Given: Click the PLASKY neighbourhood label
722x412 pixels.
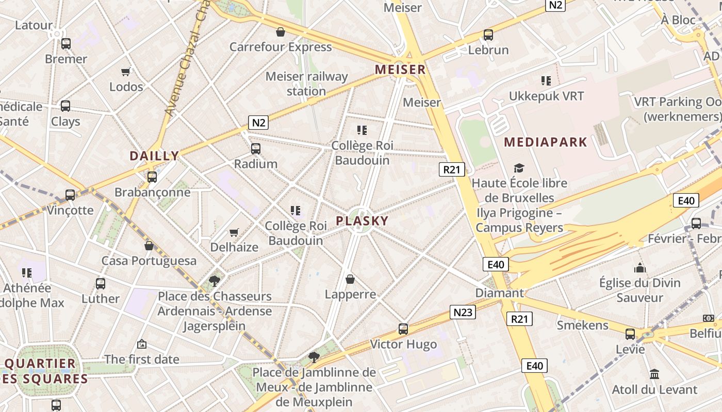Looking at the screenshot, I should pos(362,221).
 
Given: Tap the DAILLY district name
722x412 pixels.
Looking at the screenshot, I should pos(154,156).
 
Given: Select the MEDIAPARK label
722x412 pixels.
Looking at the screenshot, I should pos(546,142).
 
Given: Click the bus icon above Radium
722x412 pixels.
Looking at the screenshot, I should pos(255,149).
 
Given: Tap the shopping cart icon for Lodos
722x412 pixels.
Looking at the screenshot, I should pos(126,72).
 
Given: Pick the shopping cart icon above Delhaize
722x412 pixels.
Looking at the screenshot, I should pos(234,232).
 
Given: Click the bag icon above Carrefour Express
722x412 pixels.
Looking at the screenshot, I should pos(281,32).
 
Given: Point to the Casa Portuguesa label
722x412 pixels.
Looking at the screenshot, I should pos(149,261).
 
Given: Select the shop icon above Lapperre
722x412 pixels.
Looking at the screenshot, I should pos(350,279).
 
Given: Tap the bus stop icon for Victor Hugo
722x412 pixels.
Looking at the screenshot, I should pos(403,329).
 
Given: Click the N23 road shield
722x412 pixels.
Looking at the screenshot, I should pos(463,312).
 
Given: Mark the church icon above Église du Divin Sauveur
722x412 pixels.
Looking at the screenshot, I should pos(640,268).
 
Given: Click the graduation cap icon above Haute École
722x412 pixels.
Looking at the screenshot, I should pos(519,168).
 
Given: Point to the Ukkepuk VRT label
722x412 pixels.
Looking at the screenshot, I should pos(546,96).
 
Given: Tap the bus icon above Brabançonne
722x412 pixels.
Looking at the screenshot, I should pos(152,177).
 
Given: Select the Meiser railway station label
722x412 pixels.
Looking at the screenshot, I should pos(307,84).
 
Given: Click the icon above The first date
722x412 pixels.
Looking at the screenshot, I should pos(142,344).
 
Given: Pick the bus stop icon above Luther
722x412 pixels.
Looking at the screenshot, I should pos(101,283).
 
